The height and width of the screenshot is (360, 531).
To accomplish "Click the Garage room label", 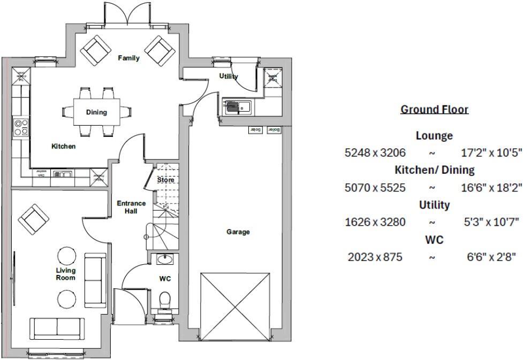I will click(238, 232).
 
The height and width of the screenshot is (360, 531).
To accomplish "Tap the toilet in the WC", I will click(165, 298).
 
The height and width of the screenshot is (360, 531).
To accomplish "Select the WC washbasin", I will click(164, 259).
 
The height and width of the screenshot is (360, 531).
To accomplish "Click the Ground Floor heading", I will click(434, 110).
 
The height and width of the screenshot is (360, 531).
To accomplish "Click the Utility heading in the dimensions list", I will click(434, 204).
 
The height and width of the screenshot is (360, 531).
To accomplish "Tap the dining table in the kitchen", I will click(96, 112).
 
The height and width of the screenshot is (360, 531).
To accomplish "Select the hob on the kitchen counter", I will click(21, 127).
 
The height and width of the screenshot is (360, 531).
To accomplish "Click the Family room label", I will click(128, 58).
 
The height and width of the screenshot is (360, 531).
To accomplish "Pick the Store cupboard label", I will click(165, 180).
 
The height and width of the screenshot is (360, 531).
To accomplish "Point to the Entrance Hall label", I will click(131, 207).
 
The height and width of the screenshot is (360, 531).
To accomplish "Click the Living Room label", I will click(66, 274).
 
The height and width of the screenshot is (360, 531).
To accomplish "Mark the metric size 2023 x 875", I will click(375, 257).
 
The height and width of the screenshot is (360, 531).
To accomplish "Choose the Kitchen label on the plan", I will click(63, 146).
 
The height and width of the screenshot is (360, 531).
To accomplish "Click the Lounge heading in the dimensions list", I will click(434, 136).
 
